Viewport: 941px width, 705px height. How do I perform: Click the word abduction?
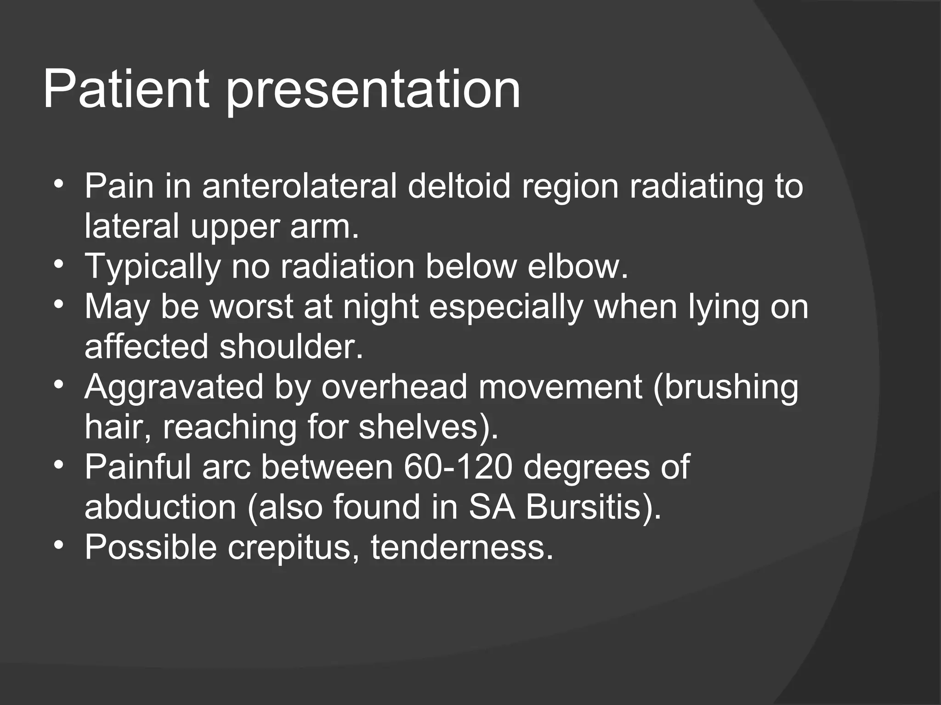pos(160,507)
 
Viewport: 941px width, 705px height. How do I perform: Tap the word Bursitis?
pos(593,507)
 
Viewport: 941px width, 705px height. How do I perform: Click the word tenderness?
pos(462,547)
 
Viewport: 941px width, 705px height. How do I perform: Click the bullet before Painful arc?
pos(58,466)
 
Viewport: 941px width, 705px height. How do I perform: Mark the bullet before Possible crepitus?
pos(58,546)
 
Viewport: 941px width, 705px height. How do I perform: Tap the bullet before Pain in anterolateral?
pos(58,185)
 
